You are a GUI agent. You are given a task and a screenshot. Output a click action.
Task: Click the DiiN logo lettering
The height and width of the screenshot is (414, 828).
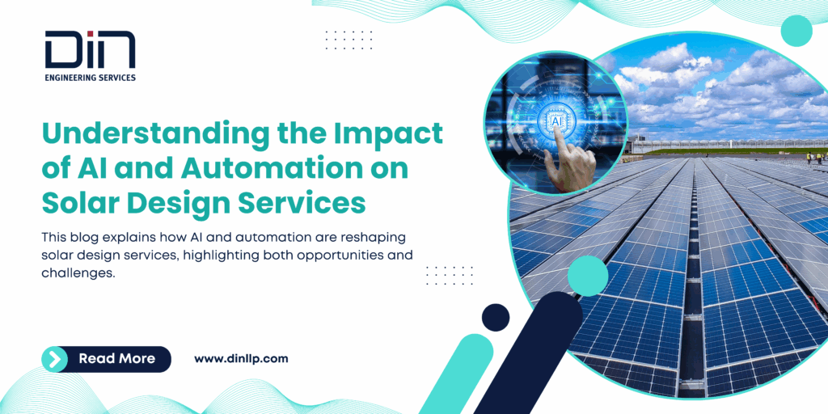pos(90,49)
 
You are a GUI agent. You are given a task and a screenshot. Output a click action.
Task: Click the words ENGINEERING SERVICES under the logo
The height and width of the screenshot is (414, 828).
pos(91,78)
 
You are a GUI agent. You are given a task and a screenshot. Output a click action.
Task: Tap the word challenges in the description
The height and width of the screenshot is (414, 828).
pos(78,272)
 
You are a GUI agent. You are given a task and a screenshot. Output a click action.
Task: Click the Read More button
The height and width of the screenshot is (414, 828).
pos(106,359)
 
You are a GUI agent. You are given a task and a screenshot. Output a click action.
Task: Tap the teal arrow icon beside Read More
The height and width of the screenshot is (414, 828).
pos(54,359)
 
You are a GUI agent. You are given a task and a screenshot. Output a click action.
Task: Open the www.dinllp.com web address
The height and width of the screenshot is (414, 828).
pos(241,359)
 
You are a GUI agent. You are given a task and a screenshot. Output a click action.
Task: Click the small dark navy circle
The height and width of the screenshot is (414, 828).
pos(496,318)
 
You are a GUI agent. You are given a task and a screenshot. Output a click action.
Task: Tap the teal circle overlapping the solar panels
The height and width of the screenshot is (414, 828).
pos(588,276)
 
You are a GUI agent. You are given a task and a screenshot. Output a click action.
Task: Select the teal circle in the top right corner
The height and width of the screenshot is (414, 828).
pos(796,31)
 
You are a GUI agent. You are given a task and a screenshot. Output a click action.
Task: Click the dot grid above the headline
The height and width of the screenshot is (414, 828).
pos(349,40)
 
